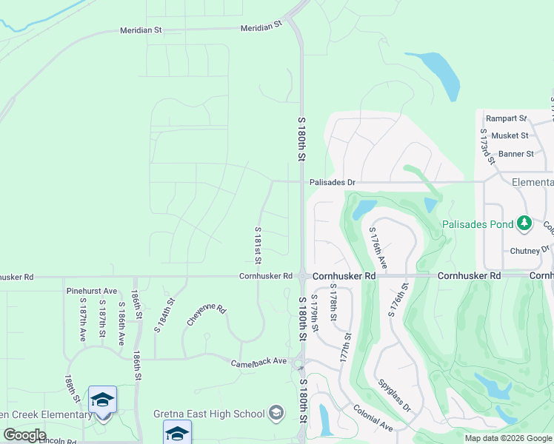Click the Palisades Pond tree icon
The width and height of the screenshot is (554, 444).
(x=524, y=223)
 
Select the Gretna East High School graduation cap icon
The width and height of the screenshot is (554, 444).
(x=276, y=412)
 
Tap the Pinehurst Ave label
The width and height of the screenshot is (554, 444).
(x=92, y=291)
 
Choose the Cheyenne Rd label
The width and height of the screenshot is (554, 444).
(x=206, y=314)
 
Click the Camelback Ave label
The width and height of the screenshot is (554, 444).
(x=258, y=361)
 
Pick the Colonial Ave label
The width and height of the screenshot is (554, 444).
(x=373, y=417)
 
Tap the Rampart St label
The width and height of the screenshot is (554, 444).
(x=506, y=118)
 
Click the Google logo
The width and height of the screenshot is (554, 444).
(x=24, y=435)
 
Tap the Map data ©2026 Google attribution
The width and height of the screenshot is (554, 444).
(x=508, y=438)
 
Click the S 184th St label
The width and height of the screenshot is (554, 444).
(x=164, y=314)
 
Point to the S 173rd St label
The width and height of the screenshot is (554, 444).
(x=487, y=146)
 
